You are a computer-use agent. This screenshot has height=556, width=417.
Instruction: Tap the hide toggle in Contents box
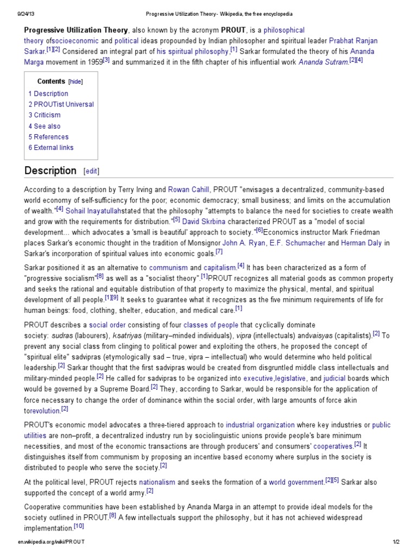point(75,81)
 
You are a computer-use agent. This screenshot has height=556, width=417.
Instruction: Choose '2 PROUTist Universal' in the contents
point(61,104)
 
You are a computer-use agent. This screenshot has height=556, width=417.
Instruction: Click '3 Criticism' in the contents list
point(45,115)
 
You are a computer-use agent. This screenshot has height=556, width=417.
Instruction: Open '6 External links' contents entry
point(51,148)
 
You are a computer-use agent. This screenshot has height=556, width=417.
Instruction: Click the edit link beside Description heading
point(91,171)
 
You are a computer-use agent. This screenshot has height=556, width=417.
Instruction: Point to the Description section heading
point(50,170)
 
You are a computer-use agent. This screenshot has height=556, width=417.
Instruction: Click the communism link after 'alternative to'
point(168,268)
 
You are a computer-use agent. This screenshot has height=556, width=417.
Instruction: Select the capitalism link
point(220,268)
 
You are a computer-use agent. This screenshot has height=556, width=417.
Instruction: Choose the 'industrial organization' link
point(260,425)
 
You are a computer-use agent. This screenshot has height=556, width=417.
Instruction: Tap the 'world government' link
point(296,482)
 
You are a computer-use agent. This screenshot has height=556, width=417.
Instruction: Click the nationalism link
point(157,482)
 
